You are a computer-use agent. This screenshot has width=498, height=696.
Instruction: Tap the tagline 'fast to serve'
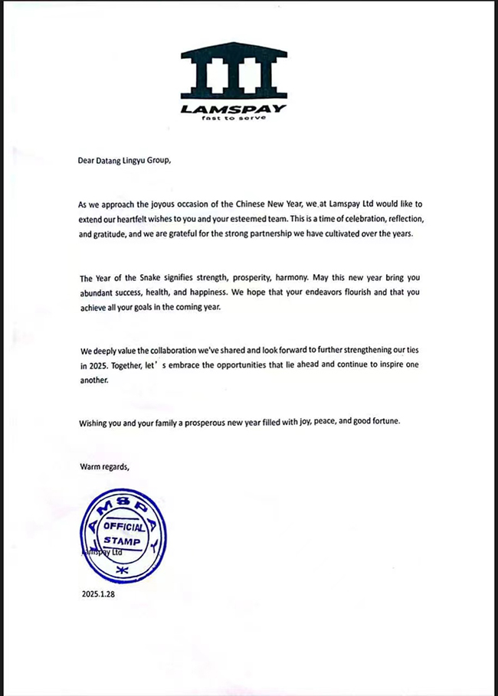pyautogui.click(x=233, y=119)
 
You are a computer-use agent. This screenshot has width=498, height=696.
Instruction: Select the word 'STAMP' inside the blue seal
pyautogui.click(x=123, y=542)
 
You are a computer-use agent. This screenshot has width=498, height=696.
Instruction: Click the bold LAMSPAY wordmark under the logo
pyautogui.click(x=234, y=109)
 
